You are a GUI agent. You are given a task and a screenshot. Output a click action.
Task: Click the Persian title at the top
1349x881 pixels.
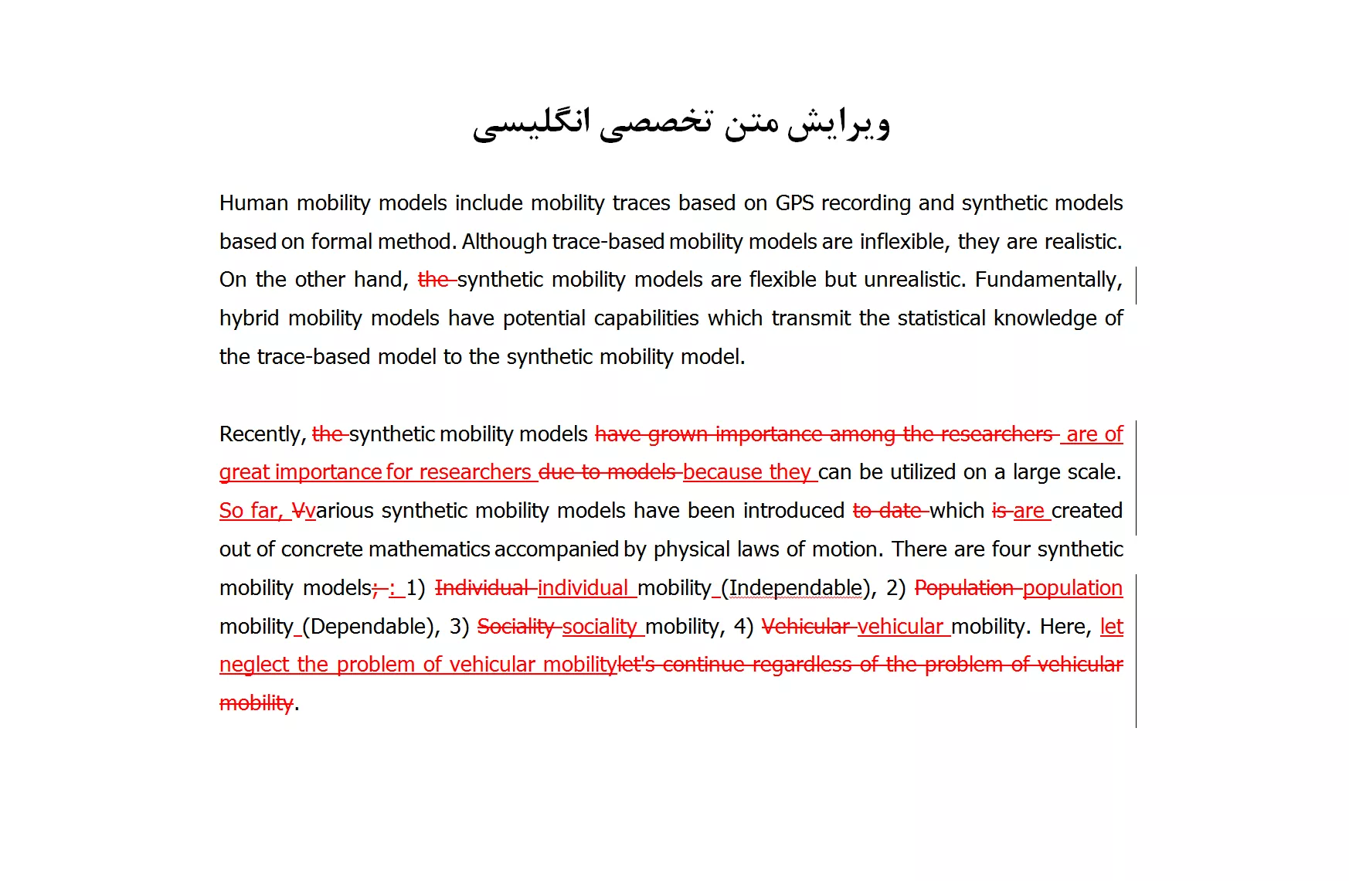(x=681, y=124)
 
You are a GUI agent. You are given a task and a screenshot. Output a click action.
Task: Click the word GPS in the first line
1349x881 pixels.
(x=794, y=203)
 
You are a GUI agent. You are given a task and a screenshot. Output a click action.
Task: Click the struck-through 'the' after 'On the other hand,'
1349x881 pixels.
(x=434, y=280)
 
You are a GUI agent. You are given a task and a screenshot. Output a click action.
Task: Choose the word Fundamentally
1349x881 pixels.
(x=1047, y=280)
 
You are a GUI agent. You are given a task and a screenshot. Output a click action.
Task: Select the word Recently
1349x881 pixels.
(x=262, y=434)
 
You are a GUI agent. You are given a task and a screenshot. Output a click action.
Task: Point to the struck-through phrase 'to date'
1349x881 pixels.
(x=888, y=511)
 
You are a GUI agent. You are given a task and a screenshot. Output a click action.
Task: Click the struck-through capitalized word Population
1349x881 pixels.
(x=964, y=588)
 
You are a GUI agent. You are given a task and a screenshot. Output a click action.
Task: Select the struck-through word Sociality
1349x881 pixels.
(x=516, y=627)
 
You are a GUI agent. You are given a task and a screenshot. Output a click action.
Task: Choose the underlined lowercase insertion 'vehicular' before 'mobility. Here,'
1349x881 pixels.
(x=900, y=627)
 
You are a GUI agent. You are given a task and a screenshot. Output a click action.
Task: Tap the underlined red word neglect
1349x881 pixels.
(x=254, y=665)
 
